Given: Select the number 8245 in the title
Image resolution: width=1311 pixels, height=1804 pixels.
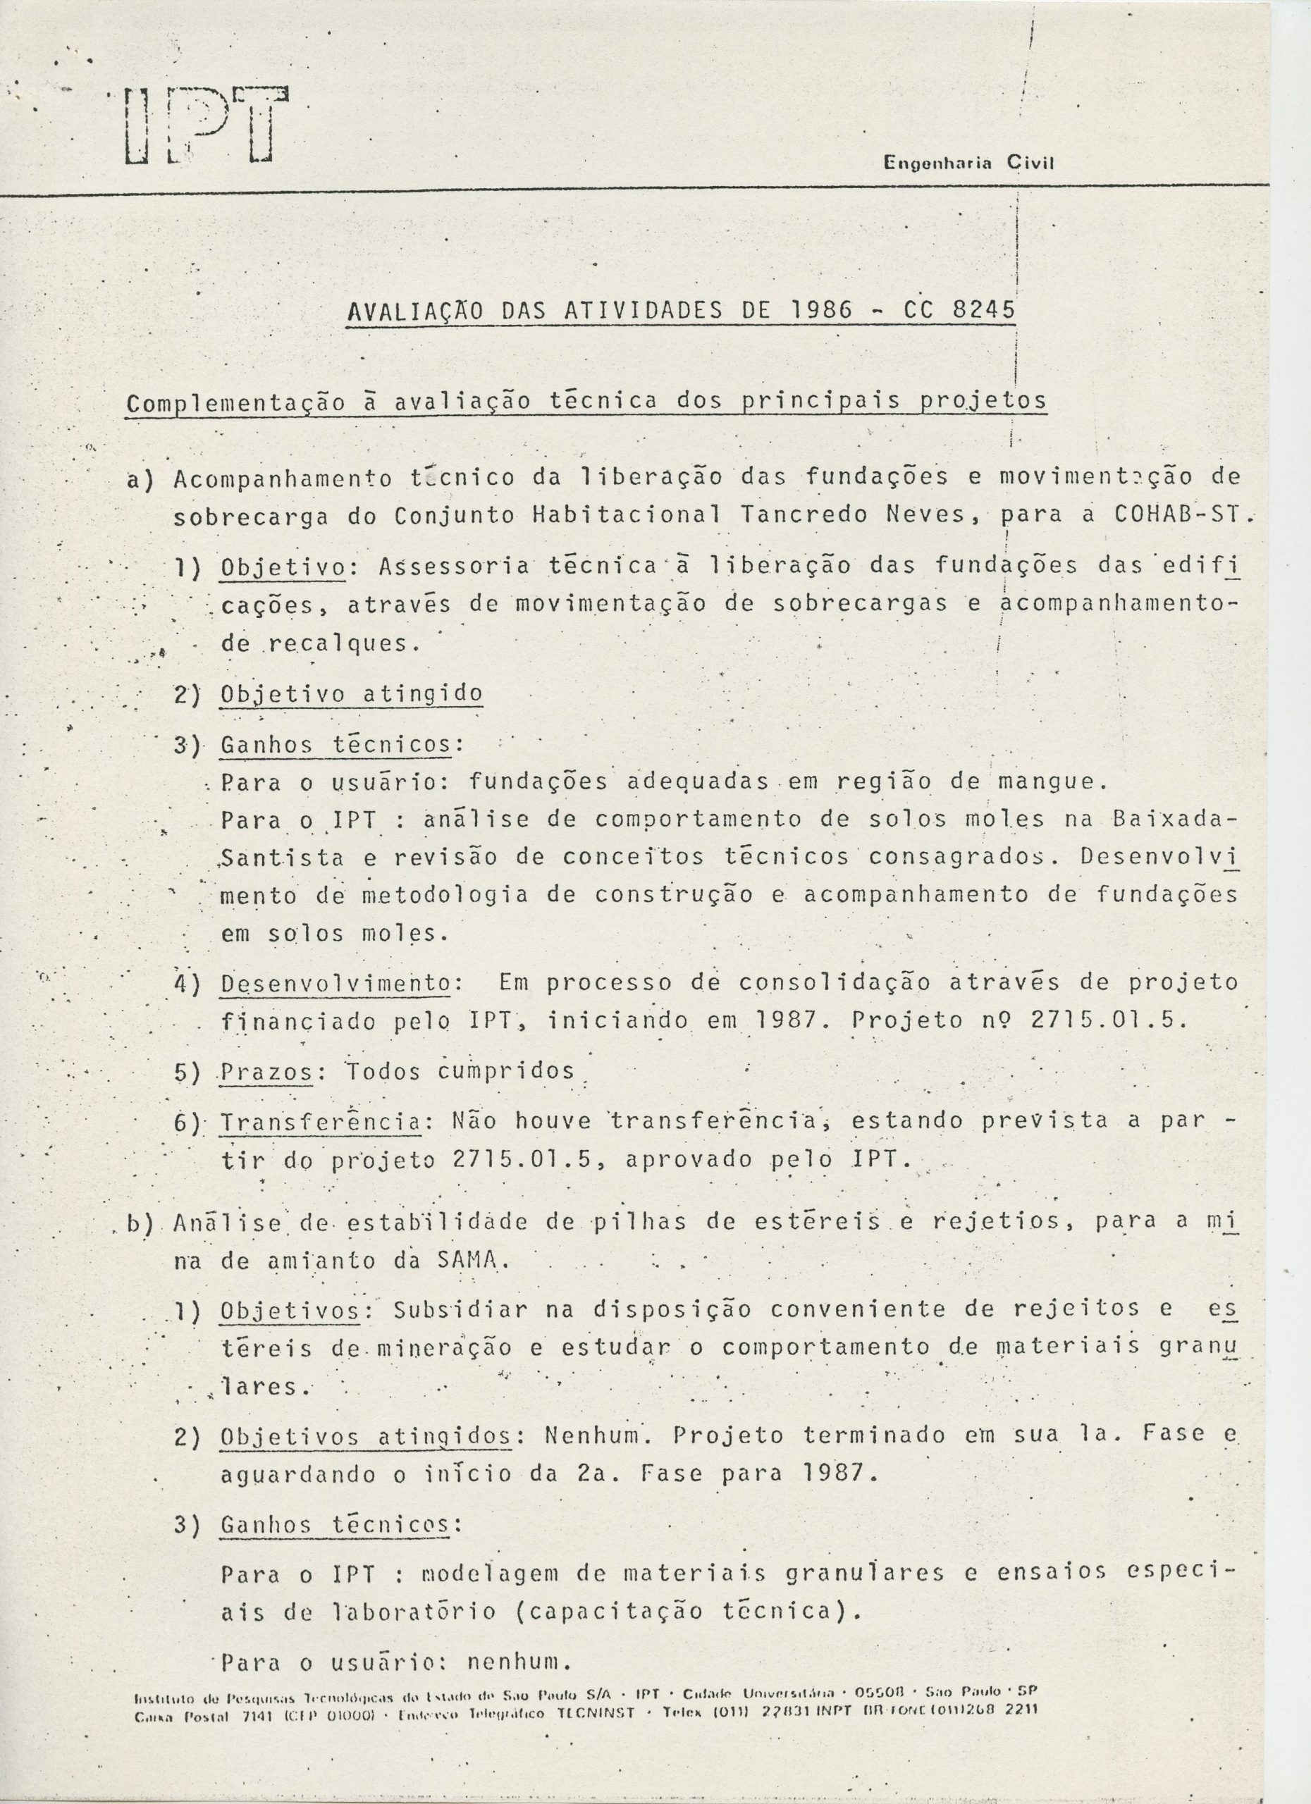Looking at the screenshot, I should pyautogui.click(x=983, y=311).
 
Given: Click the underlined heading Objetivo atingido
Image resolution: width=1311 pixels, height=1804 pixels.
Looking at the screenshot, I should pyautogui.click(x=351, y=693).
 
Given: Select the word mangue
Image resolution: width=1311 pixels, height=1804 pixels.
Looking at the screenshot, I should pyautogui.click(x=1052, y=782).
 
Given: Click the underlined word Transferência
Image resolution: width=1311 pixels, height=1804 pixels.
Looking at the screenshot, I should pyautogui.click(x=321, y=1122).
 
